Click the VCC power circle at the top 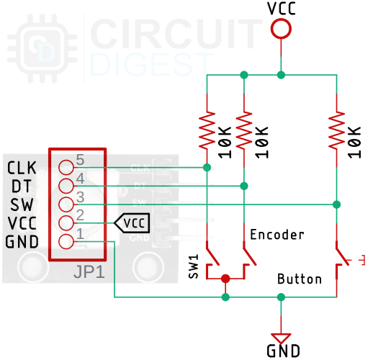(281, 29)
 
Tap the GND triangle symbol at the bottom (281, 337)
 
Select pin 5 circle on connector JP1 (67, 167)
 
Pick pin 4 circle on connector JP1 (67, 185)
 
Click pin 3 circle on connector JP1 (67, 204)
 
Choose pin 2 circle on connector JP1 (67, 222)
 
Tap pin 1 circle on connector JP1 (67, 241)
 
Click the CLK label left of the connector (22, 168)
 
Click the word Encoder (277, 235)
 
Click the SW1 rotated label (193, 266)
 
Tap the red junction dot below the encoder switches (225, 279)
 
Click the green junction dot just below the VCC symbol (281, 75)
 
